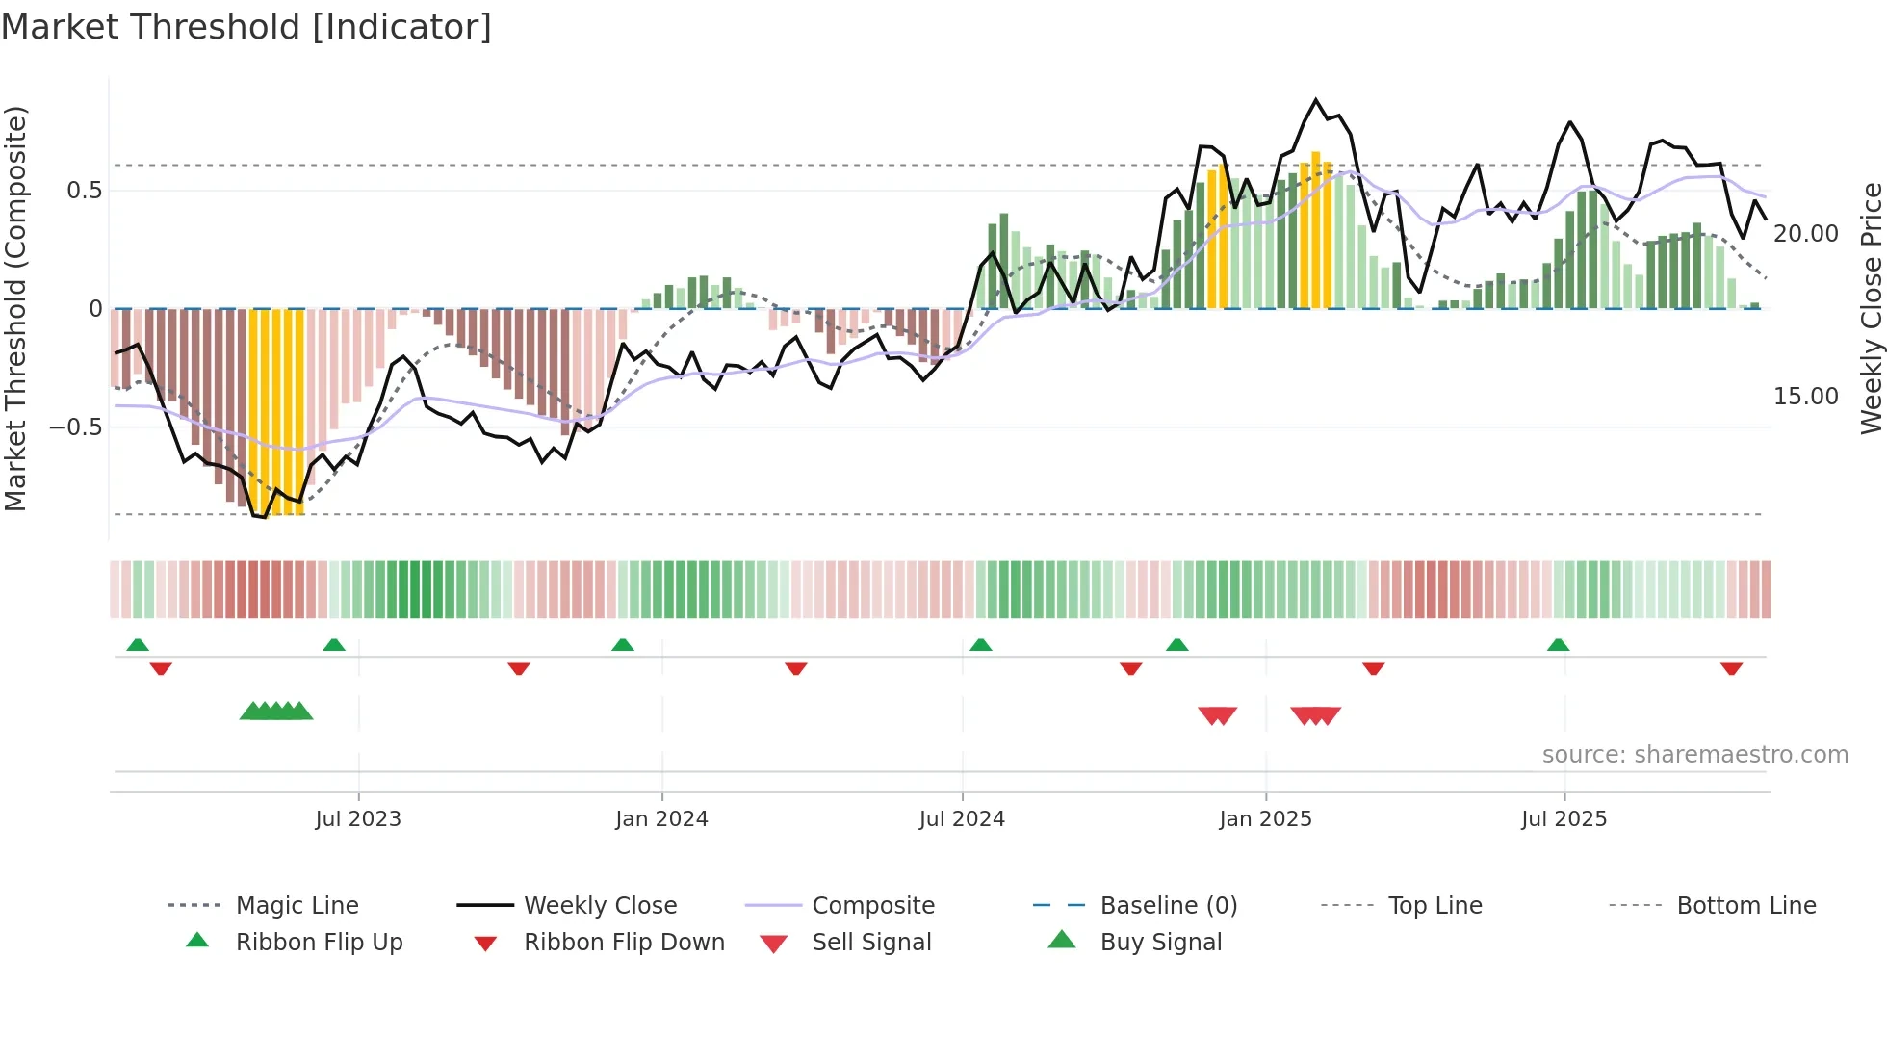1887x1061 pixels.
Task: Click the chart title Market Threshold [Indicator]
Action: (246, 27)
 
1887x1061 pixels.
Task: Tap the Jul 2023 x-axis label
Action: (358, 819)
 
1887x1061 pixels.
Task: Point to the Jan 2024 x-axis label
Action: (661, 819)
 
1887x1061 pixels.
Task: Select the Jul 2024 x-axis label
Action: (962, 819)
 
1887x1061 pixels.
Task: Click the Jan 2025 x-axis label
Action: (1265, 819)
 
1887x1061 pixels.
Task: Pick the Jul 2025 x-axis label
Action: (1564, 819)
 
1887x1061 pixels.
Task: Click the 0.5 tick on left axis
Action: (85, 191)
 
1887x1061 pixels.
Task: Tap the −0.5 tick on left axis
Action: (76, 427)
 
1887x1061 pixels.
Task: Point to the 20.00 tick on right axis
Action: (1805, 234)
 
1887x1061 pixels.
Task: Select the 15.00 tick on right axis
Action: (1805, 397)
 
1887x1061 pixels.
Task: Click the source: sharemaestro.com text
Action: (1694, 755)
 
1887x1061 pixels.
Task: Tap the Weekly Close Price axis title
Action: (1871, 308)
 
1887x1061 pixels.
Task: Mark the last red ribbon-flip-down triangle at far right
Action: (1731, 668)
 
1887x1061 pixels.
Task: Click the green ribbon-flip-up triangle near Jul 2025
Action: (1558, 645)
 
